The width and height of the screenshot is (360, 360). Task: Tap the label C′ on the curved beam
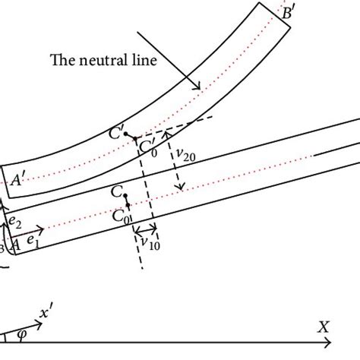[x=117, y=134]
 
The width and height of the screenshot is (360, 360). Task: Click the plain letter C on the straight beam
[x=115, y=193]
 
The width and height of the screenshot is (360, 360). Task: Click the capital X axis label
[x=324, y=327]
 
